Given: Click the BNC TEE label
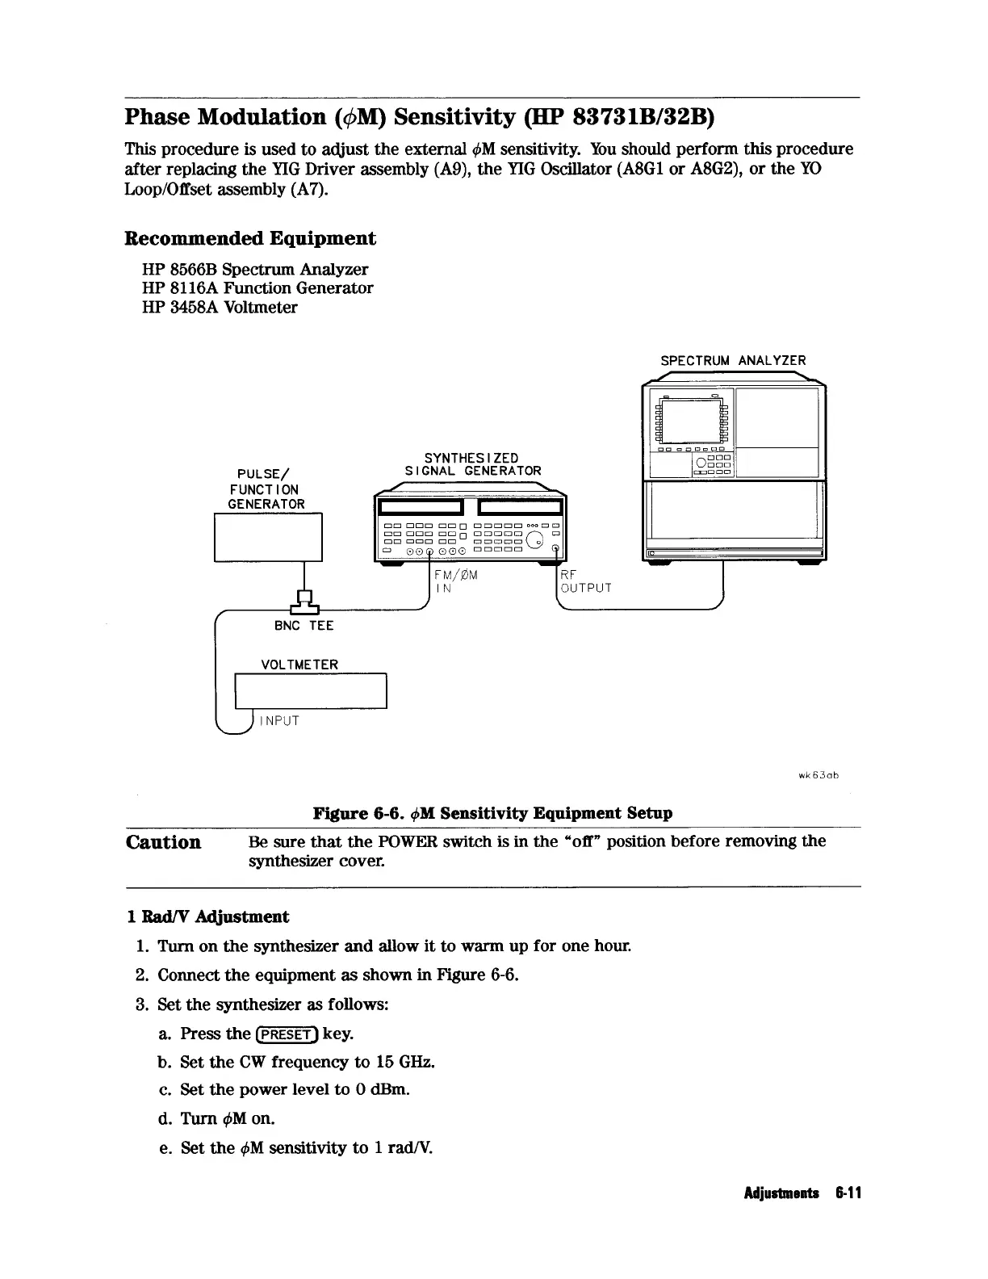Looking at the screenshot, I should [304, 626].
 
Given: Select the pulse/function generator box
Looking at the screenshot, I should [268, 536].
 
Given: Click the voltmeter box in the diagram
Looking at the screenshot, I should [311, 690].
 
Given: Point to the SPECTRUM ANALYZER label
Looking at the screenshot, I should [733, 361].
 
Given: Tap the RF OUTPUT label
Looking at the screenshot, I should [585, 581].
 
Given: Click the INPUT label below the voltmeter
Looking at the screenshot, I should [278, 721].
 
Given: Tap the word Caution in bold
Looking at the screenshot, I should [164, 843].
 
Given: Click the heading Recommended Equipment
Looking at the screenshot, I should [250, 239].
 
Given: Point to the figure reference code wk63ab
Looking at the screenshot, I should [819, 775].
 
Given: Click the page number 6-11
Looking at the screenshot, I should [850, 1193].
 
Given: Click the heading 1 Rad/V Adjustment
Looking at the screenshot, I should [208, 916].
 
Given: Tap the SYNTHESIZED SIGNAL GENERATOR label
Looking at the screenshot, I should [472, 465].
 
